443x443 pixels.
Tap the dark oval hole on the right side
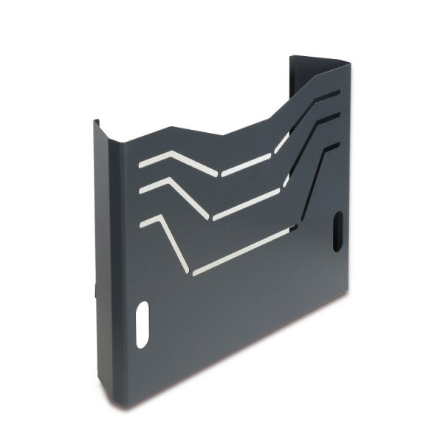pyautogui.click(x=339, y=227)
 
